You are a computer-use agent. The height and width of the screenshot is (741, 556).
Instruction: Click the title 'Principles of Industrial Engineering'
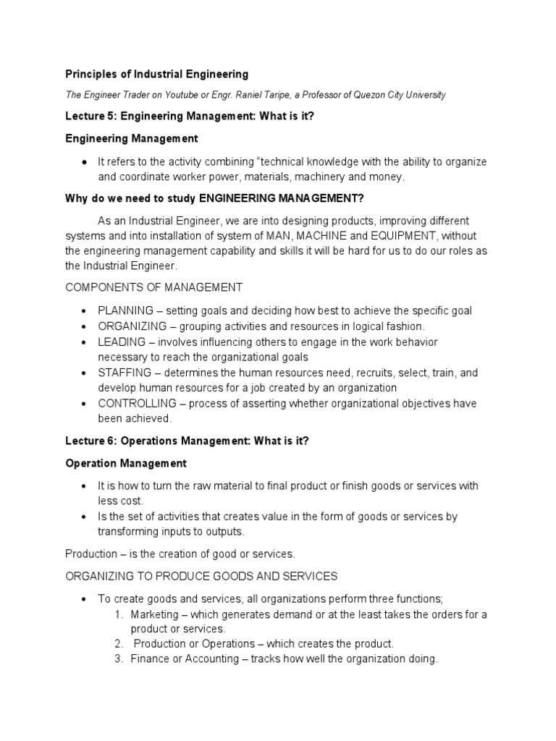pyautogui.click(x=157, y=74)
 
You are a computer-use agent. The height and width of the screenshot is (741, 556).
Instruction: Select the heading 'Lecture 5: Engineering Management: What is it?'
pyautogui.click(x=190, y=117)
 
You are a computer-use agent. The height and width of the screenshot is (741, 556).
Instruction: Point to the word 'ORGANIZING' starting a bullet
pyautogui.click(x=130, y=326)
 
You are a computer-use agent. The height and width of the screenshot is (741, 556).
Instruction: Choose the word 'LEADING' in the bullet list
pyautogui.click(x=119, y=342)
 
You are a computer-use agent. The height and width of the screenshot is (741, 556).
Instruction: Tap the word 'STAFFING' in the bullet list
pyautogui.click(x=125, y=373)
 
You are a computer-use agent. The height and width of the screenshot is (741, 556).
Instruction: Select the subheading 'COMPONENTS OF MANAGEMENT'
pyautogui.click(x=154, y=287)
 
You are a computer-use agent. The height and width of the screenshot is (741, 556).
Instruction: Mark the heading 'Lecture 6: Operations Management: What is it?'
pyautogui.click(x=188, y=441)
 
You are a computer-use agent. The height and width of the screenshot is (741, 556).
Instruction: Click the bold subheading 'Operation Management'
pyautogui.click(x=126, y=462)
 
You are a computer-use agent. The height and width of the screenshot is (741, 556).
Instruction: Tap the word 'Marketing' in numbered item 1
pyautogui.click(x=154, y=614)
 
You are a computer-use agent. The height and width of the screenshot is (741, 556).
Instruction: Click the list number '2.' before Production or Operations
pyautogui.click(x=119, y=644)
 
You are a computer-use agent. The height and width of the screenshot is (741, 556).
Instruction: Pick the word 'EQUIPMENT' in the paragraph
pyautogui.click(x=402, y=235)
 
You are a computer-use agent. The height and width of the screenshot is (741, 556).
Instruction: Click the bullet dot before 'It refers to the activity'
pyautogui.click(x=85, y=161)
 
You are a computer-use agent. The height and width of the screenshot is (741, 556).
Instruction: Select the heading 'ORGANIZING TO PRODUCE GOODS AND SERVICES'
pyautogui.click(x=201, y=576)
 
